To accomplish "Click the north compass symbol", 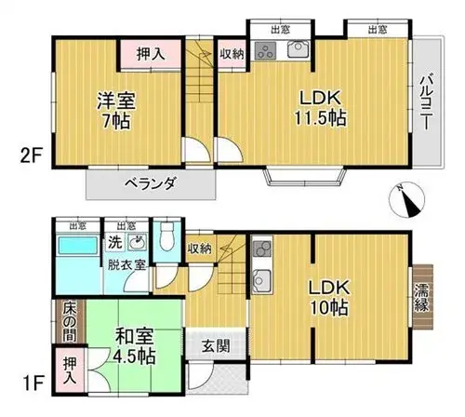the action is point(406,200).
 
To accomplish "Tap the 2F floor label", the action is point(31,156).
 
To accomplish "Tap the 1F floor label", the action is point(32,383).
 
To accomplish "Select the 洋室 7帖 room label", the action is point(116,111).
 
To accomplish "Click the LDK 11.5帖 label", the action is point(320,108).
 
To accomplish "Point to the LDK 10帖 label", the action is point(329,298).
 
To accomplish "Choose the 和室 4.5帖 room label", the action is point(134,346).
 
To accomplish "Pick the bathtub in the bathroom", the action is point(78,245).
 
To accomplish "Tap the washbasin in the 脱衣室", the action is point(138,242).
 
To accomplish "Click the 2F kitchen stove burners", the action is point(265,50).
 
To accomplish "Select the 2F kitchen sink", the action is point(298,49).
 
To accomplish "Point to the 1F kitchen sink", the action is point(262,280).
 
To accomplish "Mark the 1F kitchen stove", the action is point(262,248).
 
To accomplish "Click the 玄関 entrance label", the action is point(216,346).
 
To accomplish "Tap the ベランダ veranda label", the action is point(151,184).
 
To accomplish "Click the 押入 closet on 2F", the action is point(151,55).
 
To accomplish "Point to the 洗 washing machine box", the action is point(115,242).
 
